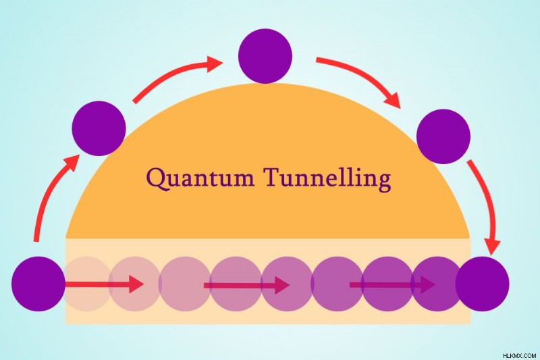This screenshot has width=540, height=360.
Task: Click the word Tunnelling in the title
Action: [x=327, y=179]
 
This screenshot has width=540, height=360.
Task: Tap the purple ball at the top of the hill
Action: [x=265, y=56]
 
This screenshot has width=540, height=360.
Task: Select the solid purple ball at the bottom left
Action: [x=38, y=284]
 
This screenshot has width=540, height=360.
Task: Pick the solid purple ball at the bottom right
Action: [x=482, y=284]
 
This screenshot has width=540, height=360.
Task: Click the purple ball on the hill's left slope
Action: [x=99, y=128]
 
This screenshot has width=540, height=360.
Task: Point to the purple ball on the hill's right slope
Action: [x=443, y=136]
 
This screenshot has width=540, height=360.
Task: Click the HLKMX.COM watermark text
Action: [x=519, y=355]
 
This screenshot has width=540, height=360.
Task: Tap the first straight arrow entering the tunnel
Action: [x=105, y=284]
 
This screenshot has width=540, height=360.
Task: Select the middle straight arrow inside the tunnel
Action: [x=246, y=285]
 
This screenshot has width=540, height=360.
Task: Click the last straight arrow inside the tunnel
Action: [x=393, y=285]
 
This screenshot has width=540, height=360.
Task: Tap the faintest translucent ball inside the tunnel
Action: [x=86, y=284]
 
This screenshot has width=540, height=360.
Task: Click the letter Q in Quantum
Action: [x=157, y=179]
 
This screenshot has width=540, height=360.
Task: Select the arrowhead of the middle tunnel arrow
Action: [x=282, y=285]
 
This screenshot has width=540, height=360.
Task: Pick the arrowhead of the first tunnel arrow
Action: [x=137, y=284]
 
